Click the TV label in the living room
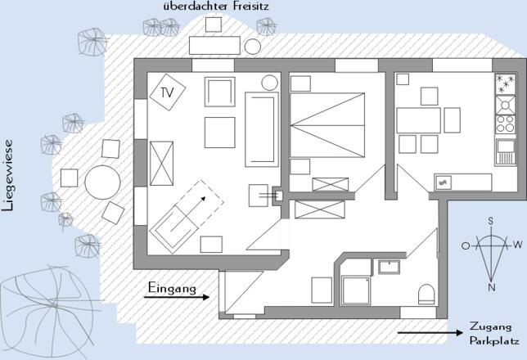point(167,92)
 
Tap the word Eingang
point(173,288)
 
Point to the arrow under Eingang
point(177,299)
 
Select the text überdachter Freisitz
point(215,7)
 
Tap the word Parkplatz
point(491,340)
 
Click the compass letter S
point(491,221)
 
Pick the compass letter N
point(491,287)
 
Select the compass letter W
point(517,245)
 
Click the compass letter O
point(466,245)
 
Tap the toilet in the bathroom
point(426,295)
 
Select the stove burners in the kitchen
point(504,124)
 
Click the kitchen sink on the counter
point(444,182)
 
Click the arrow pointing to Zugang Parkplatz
point(429,333)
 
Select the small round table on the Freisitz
point(254,47)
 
